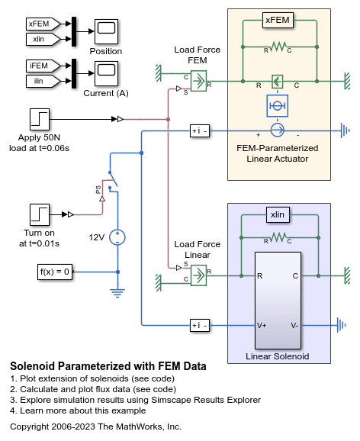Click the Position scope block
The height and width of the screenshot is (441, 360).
coord(106,32)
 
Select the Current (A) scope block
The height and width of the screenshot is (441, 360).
coord(106,73)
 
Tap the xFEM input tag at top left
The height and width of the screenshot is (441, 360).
coord(43,24)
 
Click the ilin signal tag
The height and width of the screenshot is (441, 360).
coord(43,81)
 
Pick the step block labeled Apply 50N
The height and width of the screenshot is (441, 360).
coord(40,120)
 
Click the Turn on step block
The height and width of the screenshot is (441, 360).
coord(40,214)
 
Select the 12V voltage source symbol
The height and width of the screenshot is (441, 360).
coord(117,237)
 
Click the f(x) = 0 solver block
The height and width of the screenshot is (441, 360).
coord(55,272)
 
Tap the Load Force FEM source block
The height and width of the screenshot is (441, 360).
coord(198,81)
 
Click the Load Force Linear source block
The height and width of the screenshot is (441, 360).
coord(198,275)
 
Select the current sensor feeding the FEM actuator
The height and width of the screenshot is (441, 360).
coord(200,130)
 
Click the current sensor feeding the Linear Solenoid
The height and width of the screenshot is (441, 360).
coord(200,325)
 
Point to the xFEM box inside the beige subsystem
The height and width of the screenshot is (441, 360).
coord(278,21)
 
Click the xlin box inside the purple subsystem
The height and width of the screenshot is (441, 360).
coord(278,215)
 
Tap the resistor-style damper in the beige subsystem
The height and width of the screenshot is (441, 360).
coord(278,47)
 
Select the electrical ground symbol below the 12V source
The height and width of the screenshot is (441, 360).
coord(117,292)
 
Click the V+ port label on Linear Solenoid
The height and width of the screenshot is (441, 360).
coord(262,325)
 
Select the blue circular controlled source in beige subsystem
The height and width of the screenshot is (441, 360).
coord(278,130)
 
